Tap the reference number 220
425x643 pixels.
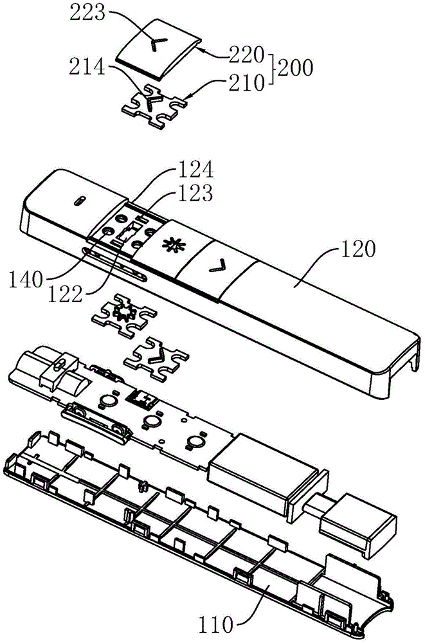[x=246, y=55]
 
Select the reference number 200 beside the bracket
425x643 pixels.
[x=295, y=68]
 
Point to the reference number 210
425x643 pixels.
[x=246, y=83]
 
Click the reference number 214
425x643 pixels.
[x=87, y=67]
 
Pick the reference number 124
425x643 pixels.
[x=195, y=170]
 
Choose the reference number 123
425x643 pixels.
[x=195, y=193]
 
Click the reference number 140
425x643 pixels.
[x=26, y=281]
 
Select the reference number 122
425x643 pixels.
[x=66, y=294]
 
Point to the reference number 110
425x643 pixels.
[x=216, y=626]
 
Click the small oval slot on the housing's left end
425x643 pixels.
[x=80, y=201]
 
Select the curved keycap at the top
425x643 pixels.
[x=158, y=48]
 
